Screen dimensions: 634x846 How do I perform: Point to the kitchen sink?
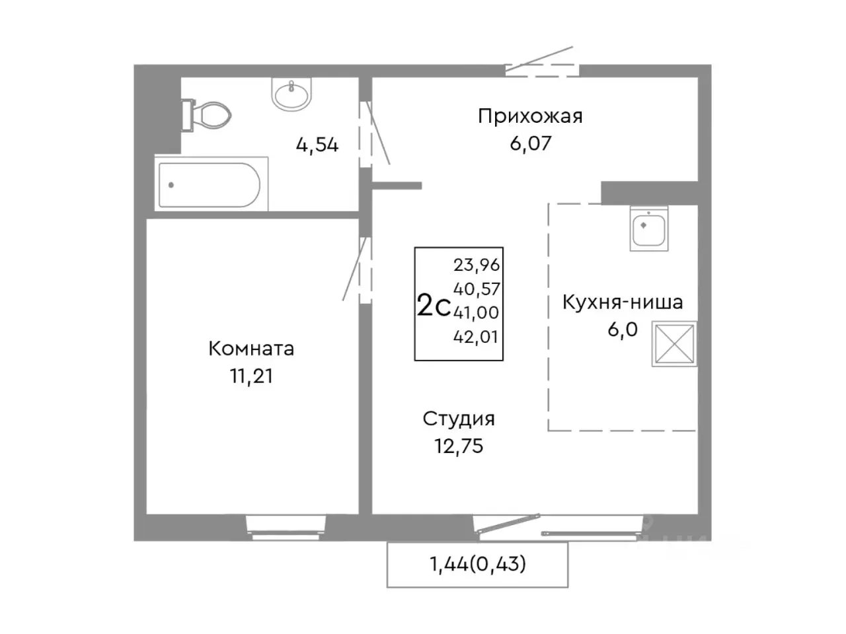[x=649, y=229]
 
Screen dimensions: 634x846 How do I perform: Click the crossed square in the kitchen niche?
[x=674, y=343]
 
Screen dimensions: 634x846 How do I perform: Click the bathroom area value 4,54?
[x=317, y=145]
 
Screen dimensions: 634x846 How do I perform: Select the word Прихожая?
[x=530, y=117]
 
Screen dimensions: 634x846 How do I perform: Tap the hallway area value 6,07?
[x=530, y=143]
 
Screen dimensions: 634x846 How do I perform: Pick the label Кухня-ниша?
[x=623, y=302]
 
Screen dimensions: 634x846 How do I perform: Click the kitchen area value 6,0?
[x=623, y=329]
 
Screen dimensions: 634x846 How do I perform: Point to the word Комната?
[x=251, y=349]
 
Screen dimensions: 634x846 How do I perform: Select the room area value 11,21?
[x=251, y=376]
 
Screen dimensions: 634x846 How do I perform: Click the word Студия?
[x=459, y=419]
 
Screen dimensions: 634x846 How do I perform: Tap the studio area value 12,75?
[x=459, y=446]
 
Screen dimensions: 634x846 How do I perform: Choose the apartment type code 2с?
[x=434, y=306]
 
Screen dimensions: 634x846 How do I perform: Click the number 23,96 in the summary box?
[x=477, y=265]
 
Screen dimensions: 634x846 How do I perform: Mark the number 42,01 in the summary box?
[x=477, y=337]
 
